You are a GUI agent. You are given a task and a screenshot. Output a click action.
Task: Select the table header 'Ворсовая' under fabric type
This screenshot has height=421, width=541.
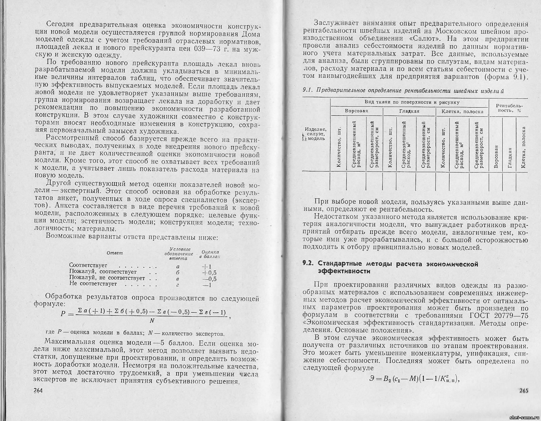tap(356, 111)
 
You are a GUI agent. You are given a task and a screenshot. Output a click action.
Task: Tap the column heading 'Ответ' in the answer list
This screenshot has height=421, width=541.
tap(114, 253)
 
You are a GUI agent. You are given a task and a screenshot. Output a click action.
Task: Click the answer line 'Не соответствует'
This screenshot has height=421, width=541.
tap(93, 284)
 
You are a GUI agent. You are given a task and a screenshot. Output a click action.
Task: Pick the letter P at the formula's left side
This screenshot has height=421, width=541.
tap(62, 314)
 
